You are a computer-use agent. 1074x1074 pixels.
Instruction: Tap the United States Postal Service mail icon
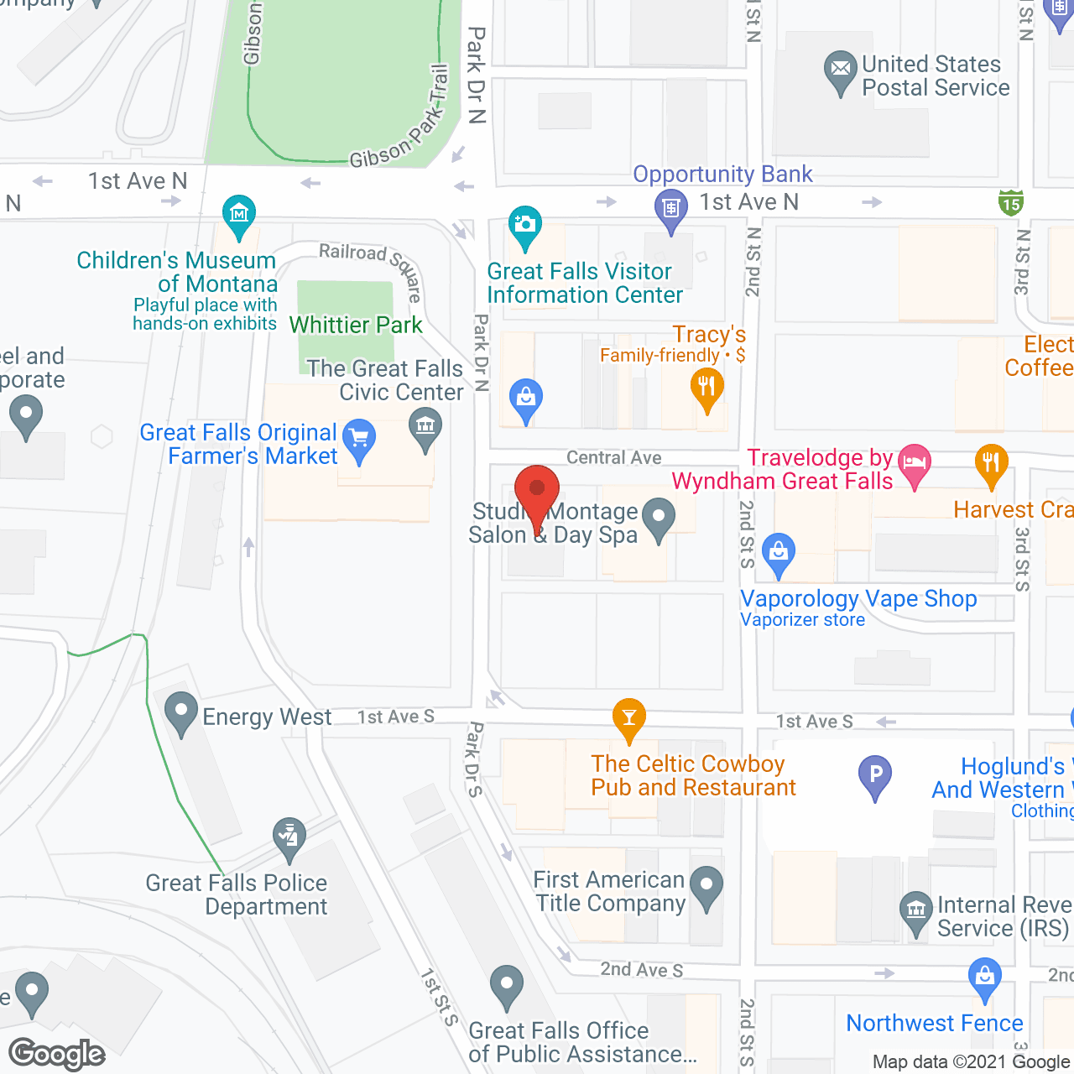[x=840, y=70]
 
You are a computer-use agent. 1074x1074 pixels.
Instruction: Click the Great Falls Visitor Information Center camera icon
[x=525, y=225]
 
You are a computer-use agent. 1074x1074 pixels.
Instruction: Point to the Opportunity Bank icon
[x=670, y=206]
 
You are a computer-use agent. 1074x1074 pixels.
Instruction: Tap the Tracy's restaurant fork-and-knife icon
[x=706, y=388]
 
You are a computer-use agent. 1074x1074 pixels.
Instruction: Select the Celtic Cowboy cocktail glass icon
[x=628, y=717]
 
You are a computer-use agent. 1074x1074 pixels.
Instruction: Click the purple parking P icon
[x=875, y=774]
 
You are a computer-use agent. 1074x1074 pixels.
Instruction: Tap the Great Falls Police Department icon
[x=289, y=837]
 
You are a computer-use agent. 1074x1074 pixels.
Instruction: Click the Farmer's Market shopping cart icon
[x=359, y=438]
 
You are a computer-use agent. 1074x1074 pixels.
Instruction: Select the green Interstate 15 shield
[x=1011, y=202]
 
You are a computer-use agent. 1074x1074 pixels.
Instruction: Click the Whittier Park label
[x=356, y=325]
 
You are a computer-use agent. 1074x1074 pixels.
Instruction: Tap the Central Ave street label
[x=613, y=457]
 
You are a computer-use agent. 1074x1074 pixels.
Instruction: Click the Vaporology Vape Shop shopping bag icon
[x=779, y=553]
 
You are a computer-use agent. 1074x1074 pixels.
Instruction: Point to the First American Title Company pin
[x=706, y=885]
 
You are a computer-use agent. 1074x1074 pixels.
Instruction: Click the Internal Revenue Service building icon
[x=915, y=910]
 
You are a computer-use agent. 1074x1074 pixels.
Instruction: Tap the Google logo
[x=57, y=1054]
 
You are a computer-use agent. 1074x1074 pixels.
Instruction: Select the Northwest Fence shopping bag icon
[x=984, y=978]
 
